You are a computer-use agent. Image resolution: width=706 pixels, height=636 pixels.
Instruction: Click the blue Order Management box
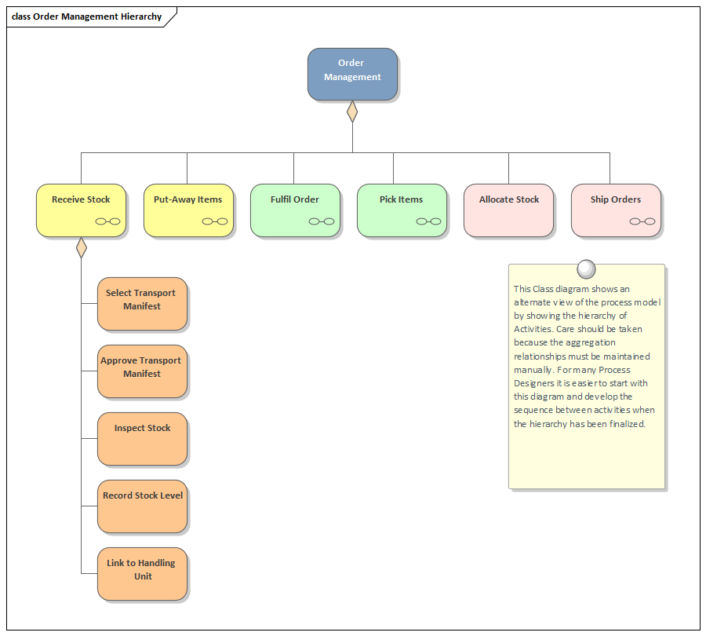pyautogui.click(x=352, y=74)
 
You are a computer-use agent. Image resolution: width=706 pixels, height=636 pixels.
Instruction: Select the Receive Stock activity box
pyautogui.click(x=81, y=209)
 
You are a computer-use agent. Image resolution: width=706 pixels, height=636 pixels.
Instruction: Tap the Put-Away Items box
pyautogui.click(x=188, y=209)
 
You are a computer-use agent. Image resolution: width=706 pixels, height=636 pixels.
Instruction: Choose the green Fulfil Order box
pyautogui.click(x=295, y=209)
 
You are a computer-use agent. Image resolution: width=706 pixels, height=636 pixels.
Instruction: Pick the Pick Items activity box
pyautogui.click(x=402, y=209)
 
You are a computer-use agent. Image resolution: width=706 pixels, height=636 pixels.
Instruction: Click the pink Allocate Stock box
pyautogui.click(x=508, y=209)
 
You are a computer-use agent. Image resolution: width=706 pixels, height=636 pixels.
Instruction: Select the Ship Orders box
pyautogui.click(x=616, y=209)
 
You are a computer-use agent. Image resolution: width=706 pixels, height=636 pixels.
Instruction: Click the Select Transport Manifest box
pyautogui.click(x=142, y=303)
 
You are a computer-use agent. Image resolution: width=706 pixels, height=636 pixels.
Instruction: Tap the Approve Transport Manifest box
pyautogui.click(x=142, y=371)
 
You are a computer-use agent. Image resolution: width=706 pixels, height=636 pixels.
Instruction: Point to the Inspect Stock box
pyautogui.click(x=142, y=438)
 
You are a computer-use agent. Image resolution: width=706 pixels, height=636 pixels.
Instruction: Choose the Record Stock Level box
pyautogui.click(x=142, y=506)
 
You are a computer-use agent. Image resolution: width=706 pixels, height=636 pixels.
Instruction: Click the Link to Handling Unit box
pyautogui.click(x=142, y=573)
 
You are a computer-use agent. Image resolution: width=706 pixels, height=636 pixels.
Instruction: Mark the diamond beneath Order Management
pyautogui.click(x=352, y=111)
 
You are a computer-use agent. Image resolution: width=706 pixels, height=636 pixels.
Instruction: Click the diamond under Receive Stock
pyautogui.click(x=81, y=247)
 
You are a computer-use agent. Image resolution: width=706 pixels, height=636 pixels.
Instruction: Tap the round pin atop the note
pyautogui.click(x=586, y=269)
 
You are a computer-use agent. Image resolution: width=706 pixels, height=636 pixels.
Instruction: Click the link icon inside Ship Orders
pyautogui.click(x=642, y=221)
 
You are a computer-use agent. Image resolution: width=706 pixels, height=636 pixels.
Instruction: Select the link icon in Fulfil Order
pyautogui.click(x=322, y=221)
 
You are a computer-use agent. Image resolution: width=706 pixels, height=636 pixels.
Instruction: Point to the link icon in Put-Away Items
pyautogui.click(x=215, y=221)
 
